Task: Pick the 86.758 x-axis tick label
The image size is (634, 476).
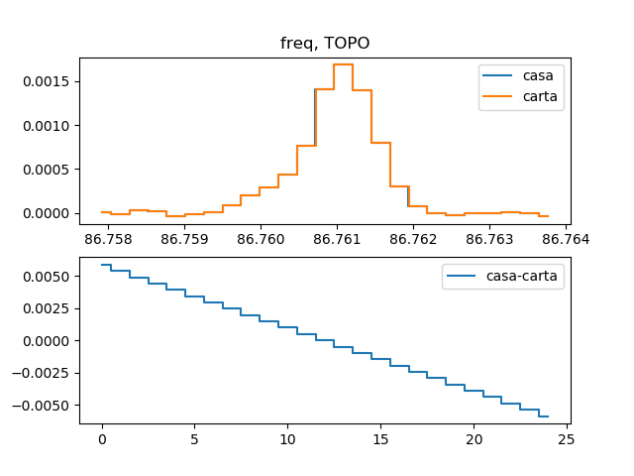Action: tap(107, 239)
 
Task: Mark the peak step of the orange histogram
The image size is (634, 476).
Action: tap(343, 64)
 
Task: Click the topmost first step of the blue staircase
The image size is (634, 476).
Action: tap(106, 265)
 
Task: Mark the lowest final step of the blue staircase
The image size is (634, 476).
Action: tap(543, 416)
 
